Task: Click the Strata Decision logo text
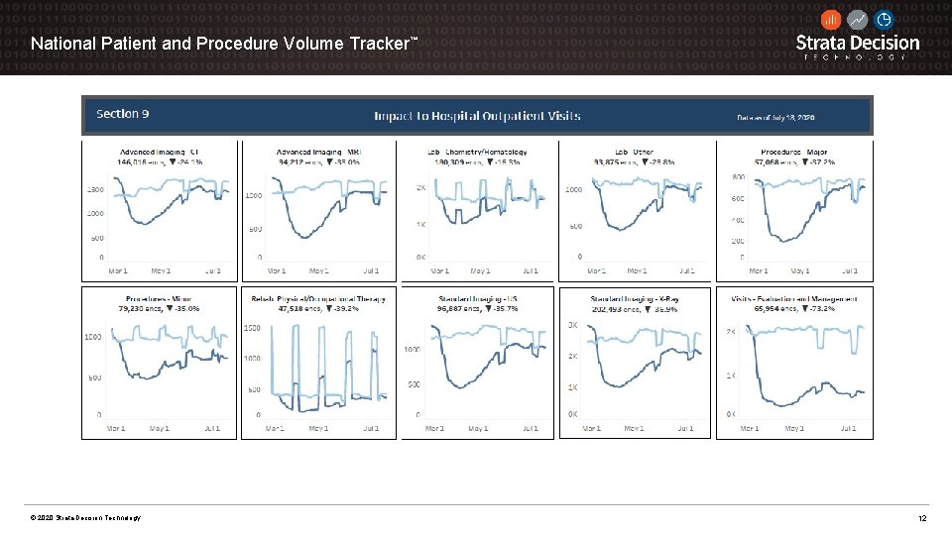tap(858, 43)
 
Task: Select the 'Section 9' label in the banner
tap(123, 114)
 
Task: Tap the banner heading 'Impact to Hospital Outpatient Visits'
tap(477, 116)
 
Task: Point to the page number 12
tap(922, 519)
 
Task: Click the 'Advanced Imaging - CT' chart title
tap(159, 152)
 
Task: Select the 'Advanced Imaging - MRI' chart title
tap(317, 152)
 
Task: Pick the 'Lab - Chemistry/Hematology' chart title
tap(477, 152)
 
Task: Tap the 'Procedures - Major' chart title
tap(794, 152)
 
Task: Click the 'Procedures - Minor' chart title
tap(159, 298)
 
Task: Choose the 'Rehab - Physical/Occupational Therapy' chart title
tap(317, 298)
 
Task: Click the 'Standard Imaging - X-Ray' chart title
tap(635, 298)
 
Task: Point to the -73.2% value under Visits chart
tap(821, 309)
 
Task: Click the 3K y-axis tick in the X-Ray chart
tap(573, 325)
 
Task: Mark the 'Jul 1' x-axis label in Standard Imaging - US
tap(530, 429)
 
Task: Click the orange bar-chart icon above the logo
tap(831, 19)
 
